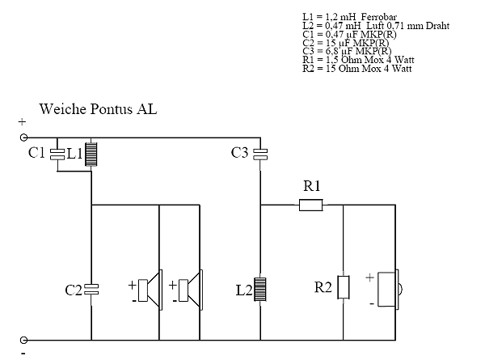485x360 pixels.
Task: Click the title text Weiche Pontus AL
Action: tap(98, 108)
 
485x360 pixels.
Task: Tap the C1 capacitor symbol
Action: tap(56, 153)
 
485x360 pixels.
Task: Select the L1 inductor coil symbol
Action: tap(91, 153)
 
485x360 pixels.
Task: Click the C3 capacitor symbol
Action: tap(260, 153)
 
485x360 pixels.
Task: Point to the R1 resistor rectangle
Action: tap(311, 205)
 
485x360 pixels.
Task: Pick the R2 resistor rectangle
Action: tap(344, 287)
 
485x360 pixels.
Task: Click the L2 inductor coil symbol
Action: tap(260, 289)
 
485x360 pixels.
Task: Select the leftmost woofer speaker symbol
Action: tap(148, 289)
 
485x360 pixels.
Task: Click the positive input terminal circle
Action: tap(24, 138)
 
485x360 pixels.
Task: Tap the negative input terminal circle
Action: tap(24, 340)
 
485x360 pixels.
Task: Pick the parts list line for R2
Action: tap(356, 70)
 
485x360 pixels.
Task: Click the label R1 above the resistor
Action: tap(311, 187)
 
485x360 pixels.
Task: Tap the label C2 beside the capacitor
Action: tap(74, 289)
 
